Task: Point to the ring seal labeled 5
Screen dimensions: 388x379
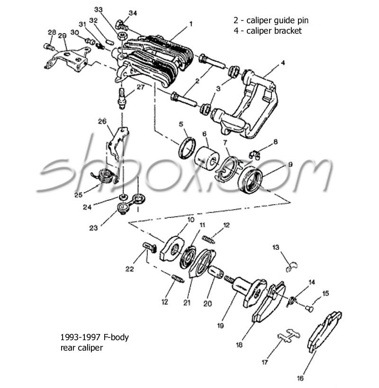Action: [186, 147]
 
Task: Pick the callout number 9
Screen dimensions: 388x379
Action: [290, 164]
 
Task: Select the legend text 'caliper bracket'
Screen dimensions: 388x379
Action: [275, 31]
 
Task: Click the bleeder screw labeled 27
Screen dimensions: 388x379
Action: [122, 97]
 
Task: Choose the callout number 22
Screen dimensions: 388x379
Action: [130, 269]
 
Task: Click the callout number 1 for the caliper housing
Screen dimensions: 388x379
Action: [191, 23]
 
